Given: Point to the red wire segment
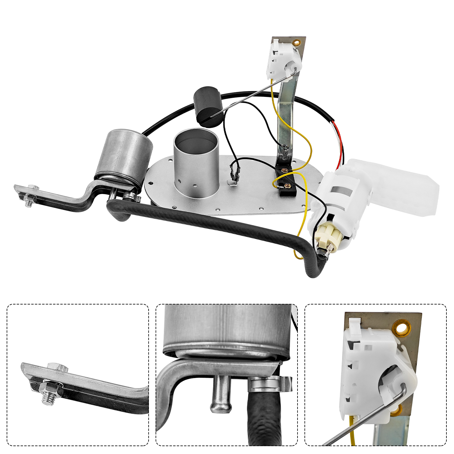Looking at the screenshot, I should click(340, 142).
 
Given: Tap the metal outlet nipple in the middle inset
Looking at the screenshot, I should click(220, 396).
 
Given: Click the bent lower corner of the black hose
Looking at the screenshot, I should click(313, 269).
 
